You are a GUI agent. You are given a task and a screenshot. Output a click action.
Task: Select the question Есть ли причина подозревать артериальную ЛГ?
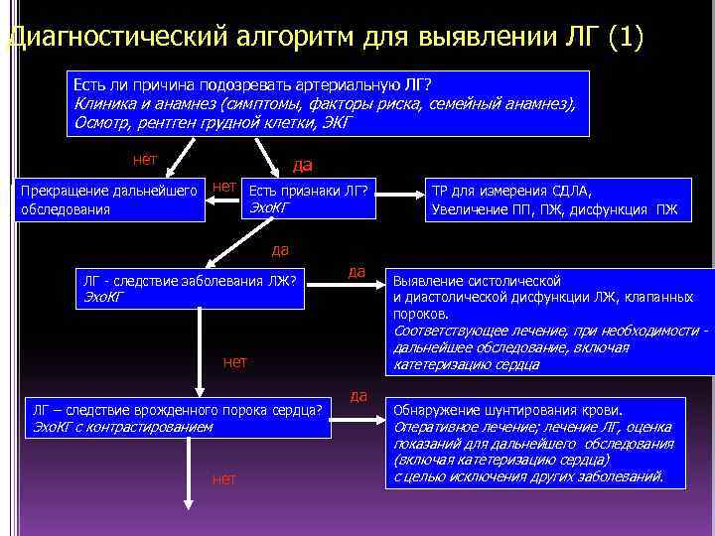[253, 83]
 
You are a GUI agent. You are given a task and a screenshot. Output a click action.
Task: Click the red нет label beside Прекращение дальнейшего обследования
[225, 186]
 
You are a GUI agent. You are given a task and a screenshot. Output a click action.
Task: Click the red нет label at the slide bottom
[224, 479]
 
